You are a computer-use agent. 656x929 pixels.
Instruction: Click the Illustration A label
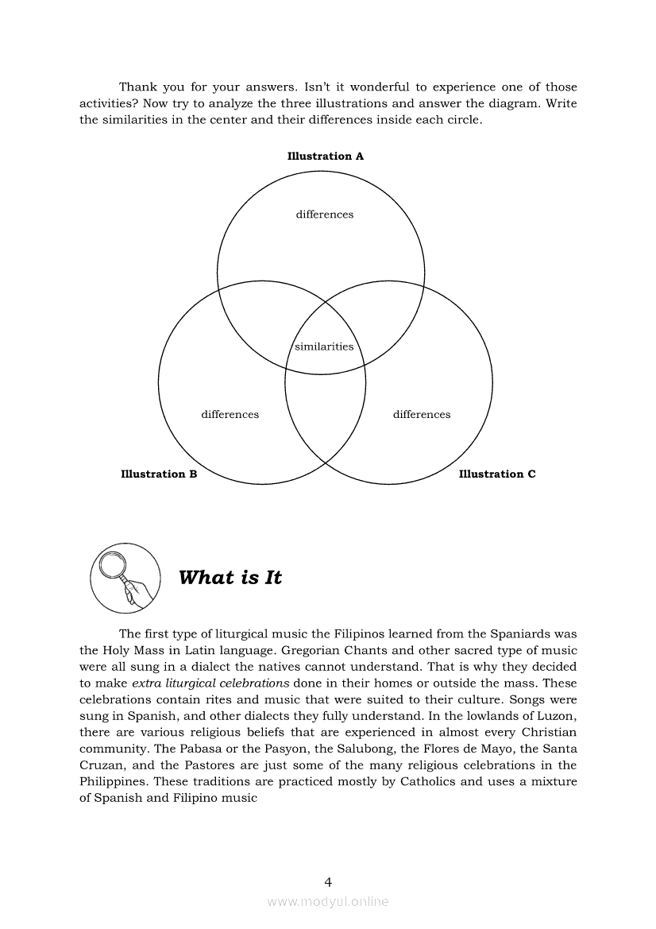click(325, 157)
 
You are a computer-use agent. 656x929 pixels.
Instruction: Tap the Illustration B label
click(159, 474)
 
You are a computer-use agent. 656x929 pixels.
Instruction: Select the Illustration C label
click(497, 474)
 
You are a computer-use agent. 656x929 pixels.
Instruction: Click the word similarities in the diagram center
click(324, 346)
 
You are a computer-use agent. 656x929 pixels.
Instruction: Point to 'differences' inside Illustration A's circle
click(324, 215)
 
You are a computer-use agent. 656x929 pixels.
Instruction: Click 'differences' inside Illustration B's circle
click(230, 415)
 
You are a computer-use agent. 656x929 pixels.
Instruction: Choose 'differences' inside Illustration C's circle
click(421, 415)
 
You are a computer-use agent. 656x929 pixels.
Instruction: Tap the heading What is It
click(230, 578)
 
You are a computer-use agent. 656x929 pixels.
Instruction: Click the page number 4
click(328, 881)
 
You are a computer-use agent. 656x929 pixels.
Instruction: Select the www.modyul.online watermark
click(328, 902)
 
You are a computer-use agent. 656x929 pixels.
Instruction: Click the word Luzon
click(557, 716)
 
